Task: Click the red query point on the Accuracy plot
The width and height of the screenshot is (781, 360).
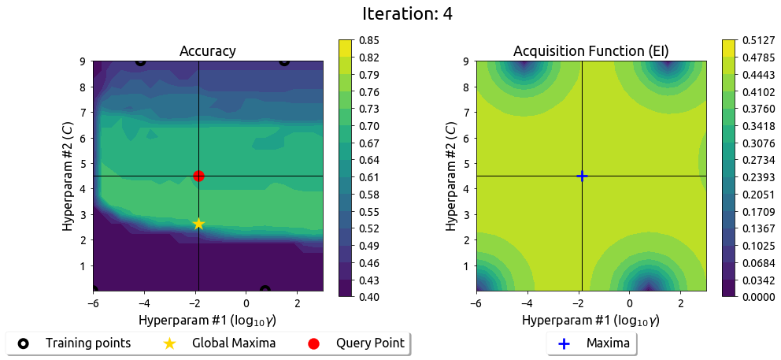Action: pos(198,176)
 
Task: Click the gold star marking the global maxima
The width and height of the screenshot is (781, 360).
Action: pos(198,224)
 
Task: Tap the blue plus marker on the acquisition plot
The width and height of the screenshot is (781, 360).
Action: pos(582,176)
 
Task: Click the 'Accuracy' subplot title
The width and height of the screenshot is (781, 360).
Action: pos(208,51)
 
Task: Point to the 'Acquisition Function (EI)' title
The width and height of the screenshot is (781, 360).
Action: pos(591,51)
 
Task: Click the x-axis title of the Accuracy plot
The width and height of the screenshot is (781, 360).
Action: pos(208,321)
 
